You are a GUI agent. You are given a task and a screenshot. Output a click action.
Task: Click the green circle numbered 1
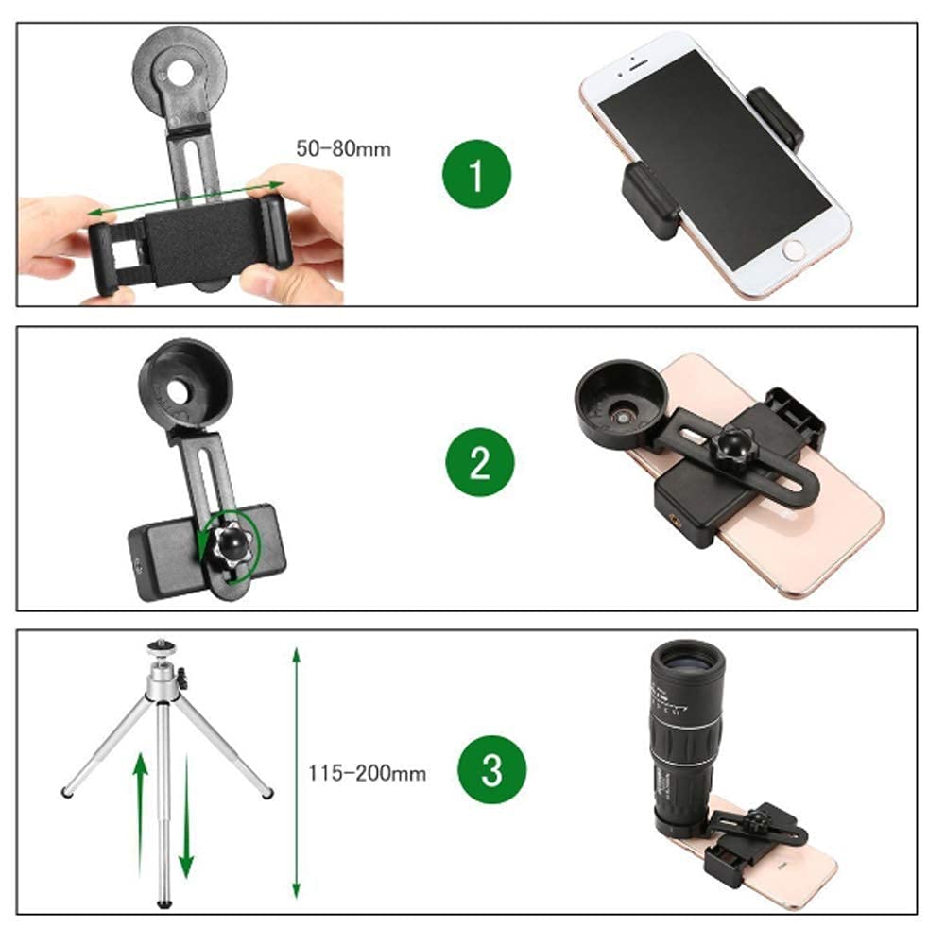pos(476,174)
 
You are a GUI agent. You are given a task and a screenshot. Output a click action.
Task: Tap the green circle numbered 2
pos(480,462)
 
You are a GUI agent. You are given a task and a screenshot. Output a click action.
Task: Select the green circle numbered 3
pos(491,769)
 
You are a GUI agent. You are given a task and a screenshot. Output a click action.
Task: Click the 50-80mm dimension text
pos(343,149)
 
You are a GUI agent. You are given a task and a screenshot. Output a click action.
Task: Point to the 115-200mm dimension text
pos(367,773)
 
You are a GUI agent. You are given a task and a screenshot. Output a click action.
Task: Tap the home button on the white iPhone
pos(794,249)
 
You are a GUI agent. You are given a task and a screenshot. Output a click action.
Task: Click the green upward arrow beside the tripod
pos(141,814)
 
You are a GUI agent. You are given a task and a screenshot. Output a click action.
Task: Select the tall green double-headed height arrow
pos(296,773)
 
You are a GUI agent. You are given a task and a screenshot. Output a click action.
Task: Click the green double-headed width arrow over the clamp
pos(185,198)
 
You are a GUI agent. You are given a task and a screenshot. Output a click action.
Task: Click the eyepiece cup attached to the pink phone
pos(620,405)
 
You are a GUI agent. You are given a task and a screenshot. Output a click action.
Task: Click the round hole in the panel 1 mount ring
pos(180,73)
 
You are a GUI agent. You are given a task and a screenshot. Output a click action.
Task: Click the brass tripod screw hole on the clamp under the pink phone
pos(675,518)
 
